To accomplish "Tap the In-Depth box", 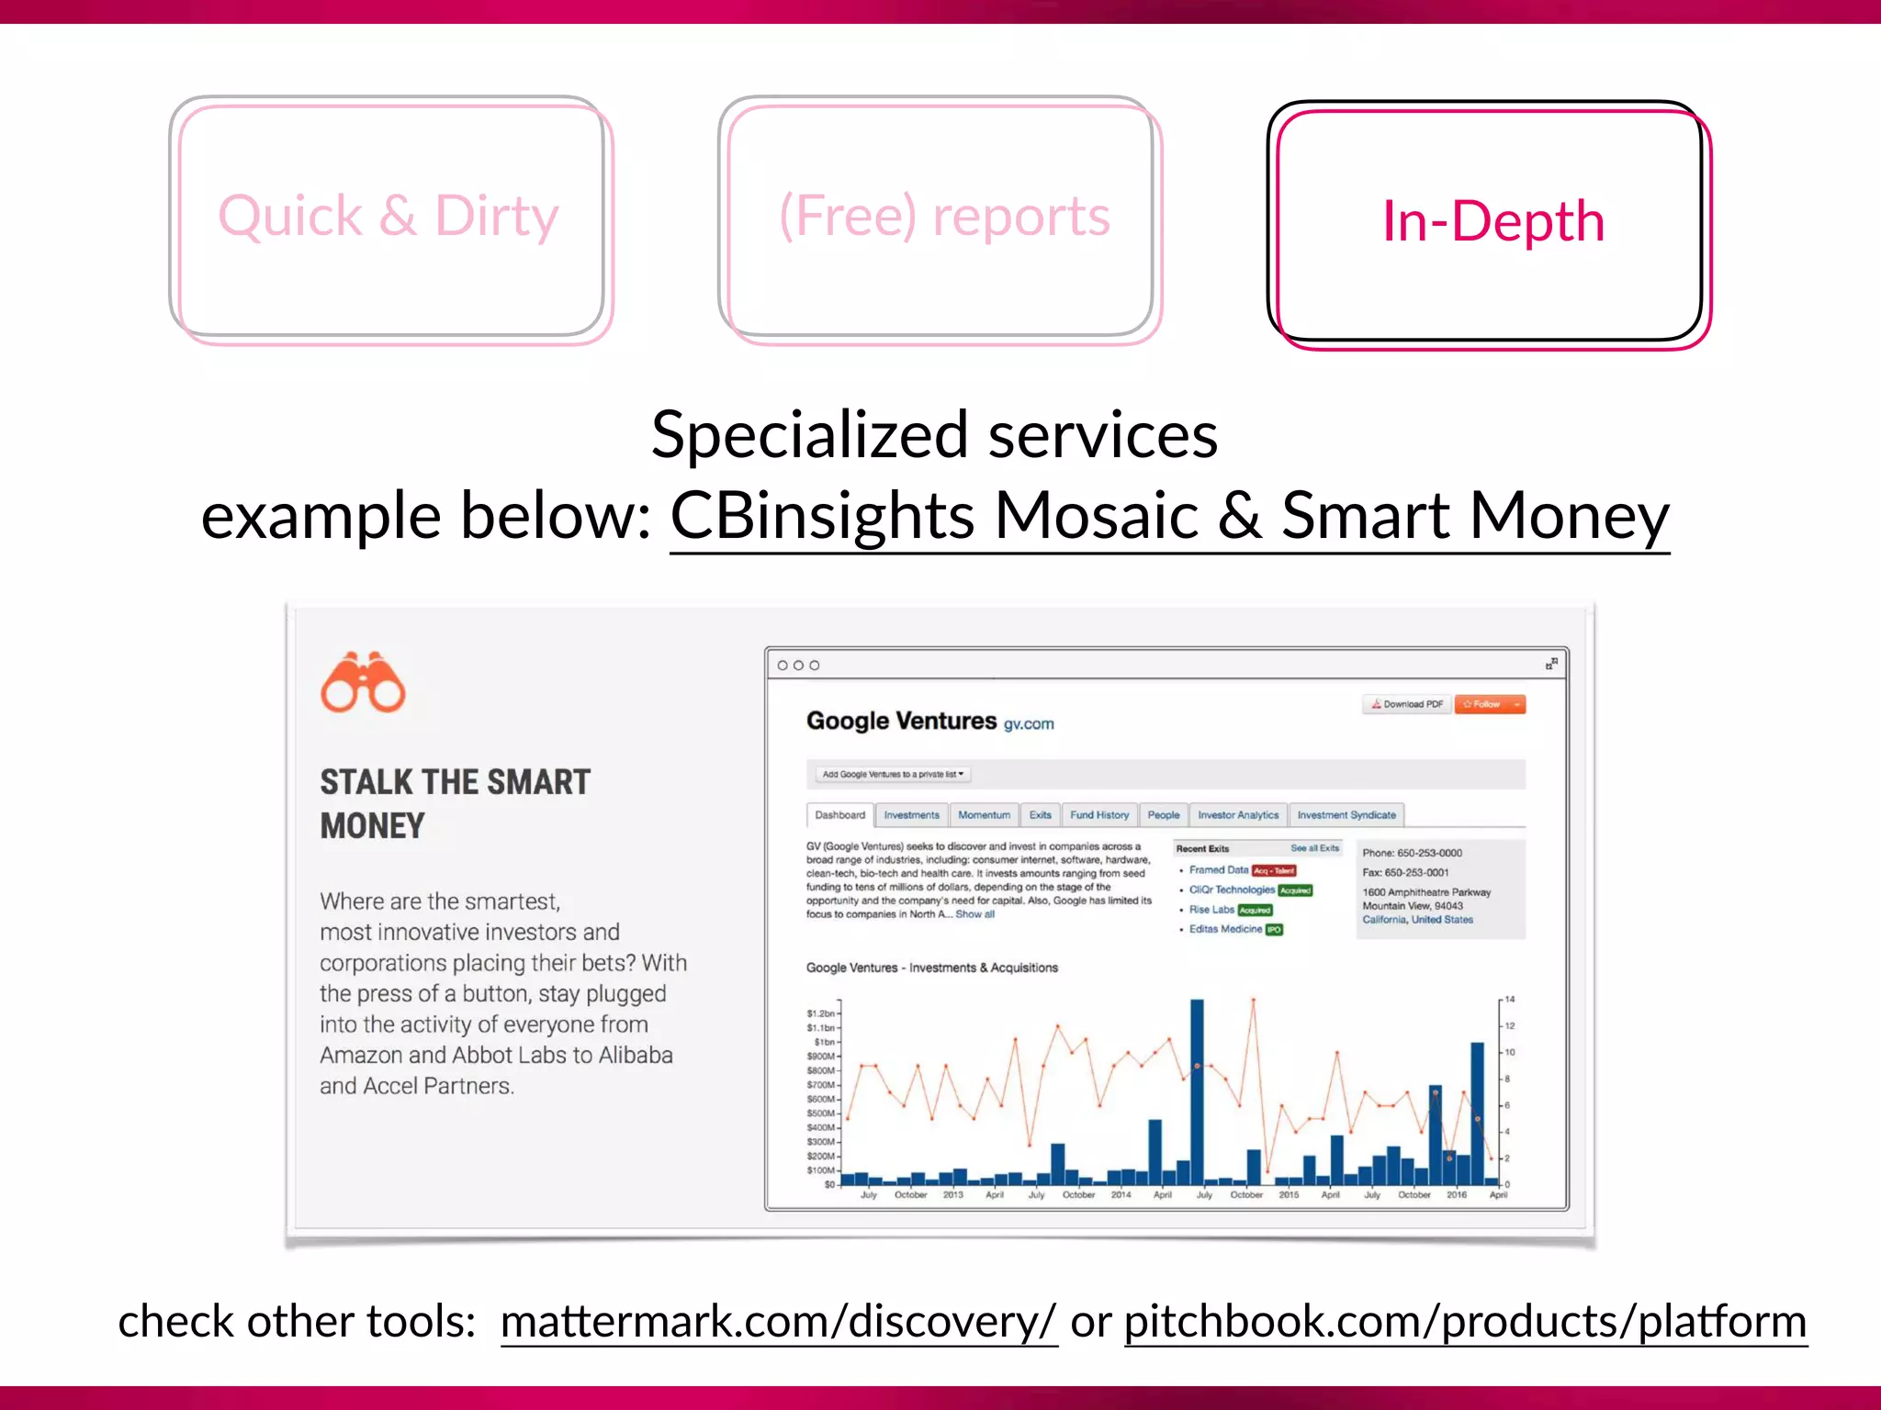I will [1492, 223].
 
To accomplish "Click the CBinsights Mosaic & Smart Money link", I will [1168, 516].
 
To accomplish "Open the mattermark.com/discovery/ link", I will [779, 1322].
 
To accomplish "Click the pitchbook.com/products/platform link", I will [1465, 1322].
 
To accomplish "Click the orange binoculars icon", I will [363, 683].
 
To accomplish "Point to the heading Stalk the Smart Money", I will [455, 803].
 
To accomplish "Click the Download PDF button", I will [1407, 704].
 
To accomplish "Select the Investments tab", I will [911, 815].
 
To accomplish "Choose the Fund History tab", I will [1099, 815].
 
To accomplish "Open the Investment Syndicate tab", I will [1346, 815].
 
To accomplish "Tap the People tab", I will [1163, 815].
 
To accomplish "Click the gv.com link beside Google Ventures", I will [1029, 724].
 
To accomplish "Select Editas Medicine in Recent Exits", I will [1225, 929].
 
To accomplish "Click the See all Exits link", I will [1314, 848].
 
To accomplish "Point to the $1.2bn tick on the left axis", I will [820, 1014].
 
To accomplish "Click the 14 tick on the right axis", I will [1510, 1000].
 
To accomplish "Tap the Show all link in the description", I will [974, 914].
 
